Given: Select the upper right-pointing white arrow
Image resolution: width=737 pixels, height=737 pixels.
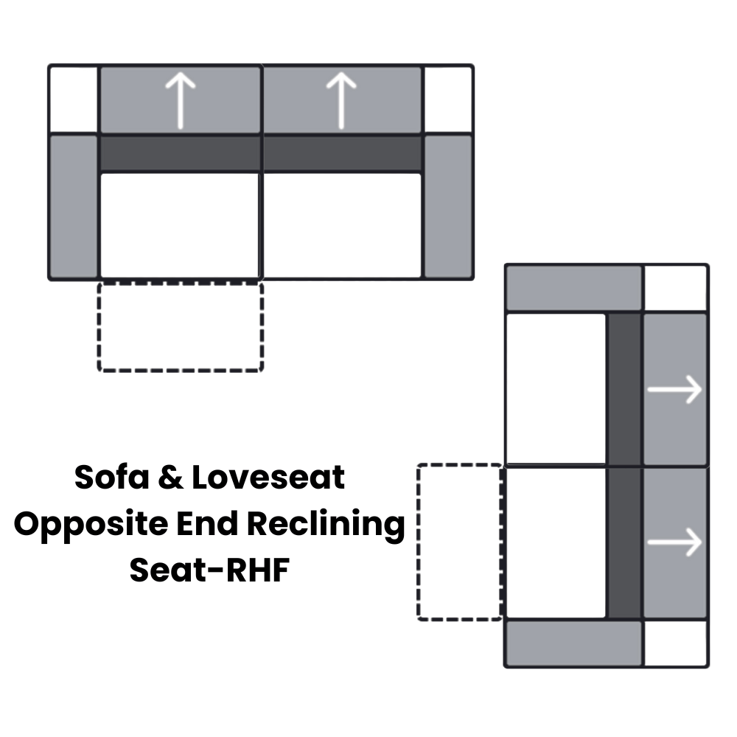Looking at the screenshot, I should point(674,389).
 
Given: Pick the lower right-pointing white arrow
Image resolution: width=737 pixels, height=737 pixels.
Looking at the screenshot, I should point(674,542).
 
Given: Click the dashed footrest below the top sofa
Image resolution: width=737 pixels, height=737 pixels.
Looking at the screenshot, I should point(180,326).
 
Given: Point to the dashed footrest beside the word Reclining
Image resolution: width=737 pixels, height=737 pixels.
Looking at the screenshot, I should point(459,542).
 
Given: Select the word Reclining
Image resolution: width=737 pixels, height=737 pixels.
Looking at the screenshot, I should point(325,525).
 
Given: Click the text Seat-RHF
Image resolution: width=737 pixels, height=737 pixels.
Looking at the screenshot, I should point(209,570).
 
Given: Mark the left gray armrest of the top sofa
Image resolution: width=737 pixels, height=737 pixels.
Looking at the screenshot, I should point(74,206).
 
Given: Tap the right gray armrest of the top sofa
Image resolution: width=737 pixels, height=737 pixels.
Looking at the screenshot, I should point(448,206).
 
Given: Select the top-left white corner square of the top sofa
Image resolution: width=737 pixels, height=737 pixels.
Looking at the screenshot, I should point(74,99).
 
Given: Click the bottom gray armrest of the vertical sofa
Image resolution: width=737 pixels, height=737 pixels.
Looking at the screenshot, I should point(573,643).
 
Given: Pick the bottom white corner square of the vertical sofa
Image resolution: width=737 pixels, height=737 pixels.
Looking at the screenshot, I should point(676,643).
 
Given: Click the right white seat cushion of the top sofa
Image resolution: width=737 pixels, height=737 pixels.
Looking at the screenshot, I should point(342,226).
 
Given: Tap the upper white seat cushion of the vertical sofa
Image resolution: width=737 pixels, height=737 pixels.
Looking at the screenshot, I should point(556,389).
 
